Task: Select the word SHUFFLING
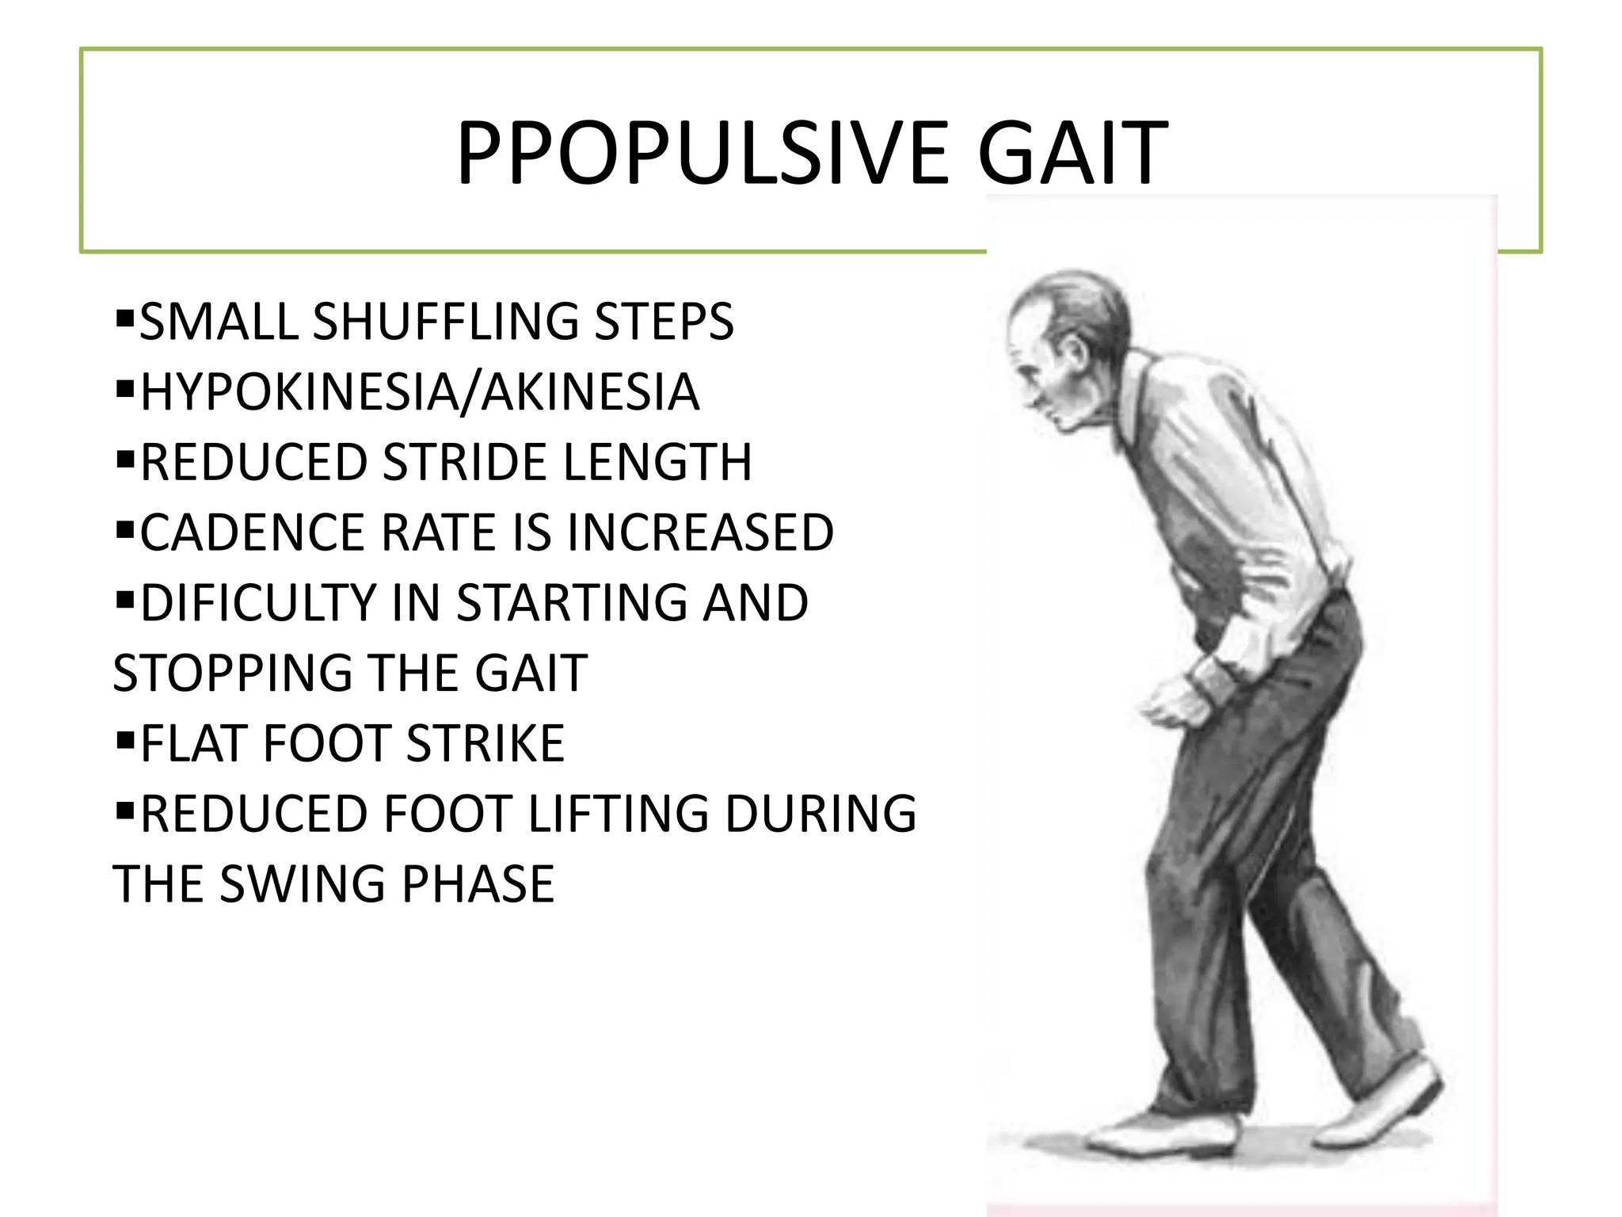click(x=447, y=322)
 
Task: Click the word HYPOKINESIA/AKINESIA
click(x=420, y=391)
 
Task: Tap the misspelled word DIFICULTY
click(x=258, y=602)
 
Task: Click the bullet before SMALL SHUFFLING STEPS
click(x=124, y=319)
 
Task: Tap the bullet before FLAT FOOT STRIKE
click(x=124, y=741)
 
